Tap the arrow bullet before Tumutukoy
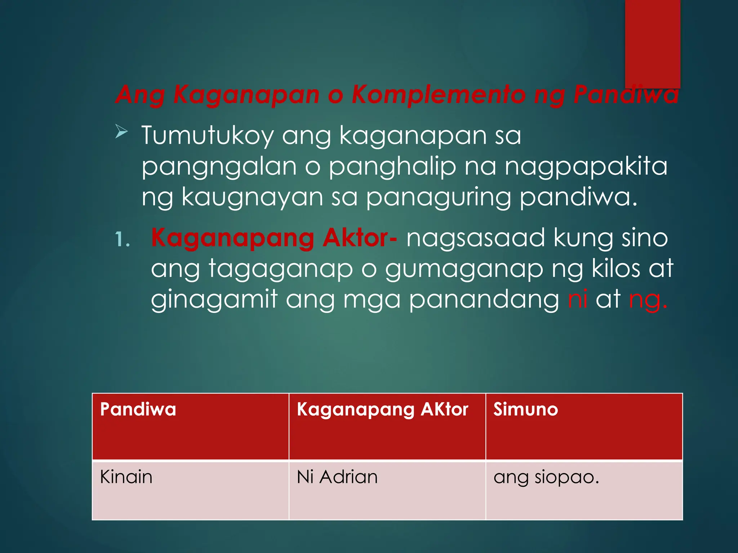121,131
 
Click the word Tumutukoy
207,136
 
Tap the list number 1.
122,240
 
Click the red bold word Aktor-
360,238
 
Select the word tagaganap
281,269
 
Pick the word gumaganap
464,269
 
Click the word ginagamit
214,300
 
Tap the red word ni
577,299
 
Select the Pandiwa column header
138,410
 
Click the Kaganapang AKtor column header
382,410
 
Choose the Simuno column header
525,410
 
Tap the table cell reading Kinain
126,477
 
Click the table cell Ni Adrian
337,477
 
